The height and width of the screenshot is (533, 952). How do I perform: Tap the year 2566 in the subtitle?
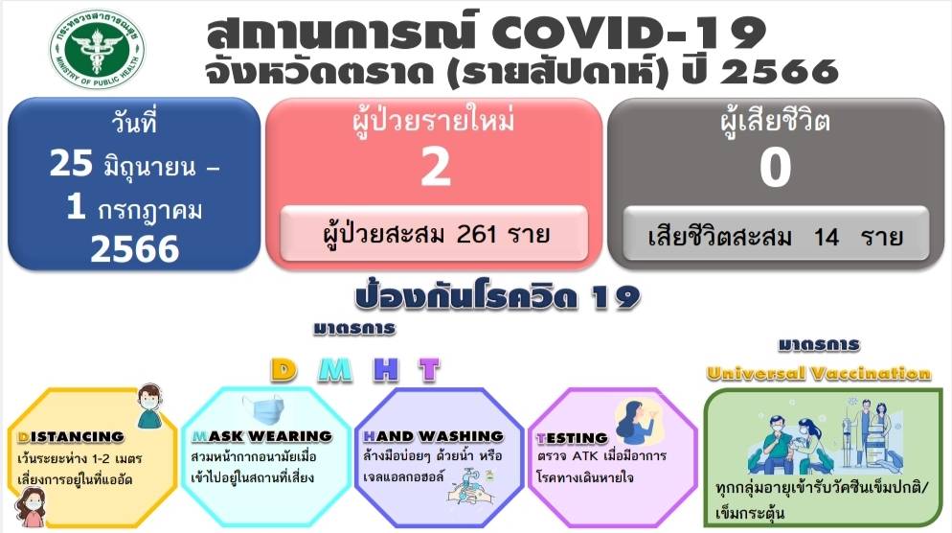[x=781, y=72]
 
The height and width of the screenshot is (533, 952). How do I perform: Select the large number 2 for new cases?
[x=436, y=166]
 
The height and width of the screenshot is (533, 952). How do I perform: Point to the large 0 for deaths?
[x=775, y=167]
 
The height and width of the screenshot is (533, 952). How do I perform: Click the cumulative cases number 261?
[x=476, y=233]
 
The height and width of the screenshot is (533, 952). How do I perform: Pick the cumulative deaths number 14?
[x=827, y=237]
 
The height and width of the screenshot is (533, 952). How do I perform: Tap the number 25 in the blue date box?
[x=71, y=164]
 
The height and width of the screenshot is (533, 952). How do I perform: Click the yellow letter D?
[x=283, y=369]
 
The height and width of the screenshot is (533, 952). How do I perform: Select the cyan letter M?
[x=335, y=369]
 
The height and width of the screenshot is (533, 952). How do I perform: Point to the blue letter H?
[x=386, y=369]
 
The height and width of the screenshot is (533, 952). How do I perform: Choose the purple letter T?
[x=429, y=369]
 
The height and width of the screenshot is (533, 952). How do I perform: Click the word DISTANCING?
[x=71, y=437]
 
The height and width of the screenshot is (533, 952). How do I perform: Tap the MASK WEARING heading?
[x=262, y=436]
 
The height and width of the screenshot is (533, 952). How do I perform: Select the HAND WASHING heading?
[x=434, y=436]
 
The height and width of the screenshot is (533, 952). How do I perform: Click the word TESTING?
[x=572, y=438]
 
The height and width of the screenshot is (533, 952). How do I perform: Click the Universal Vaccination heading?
[x=819, y=373]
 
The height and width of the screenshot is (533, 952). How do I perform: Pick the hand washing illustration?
[x=470, y=486]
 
